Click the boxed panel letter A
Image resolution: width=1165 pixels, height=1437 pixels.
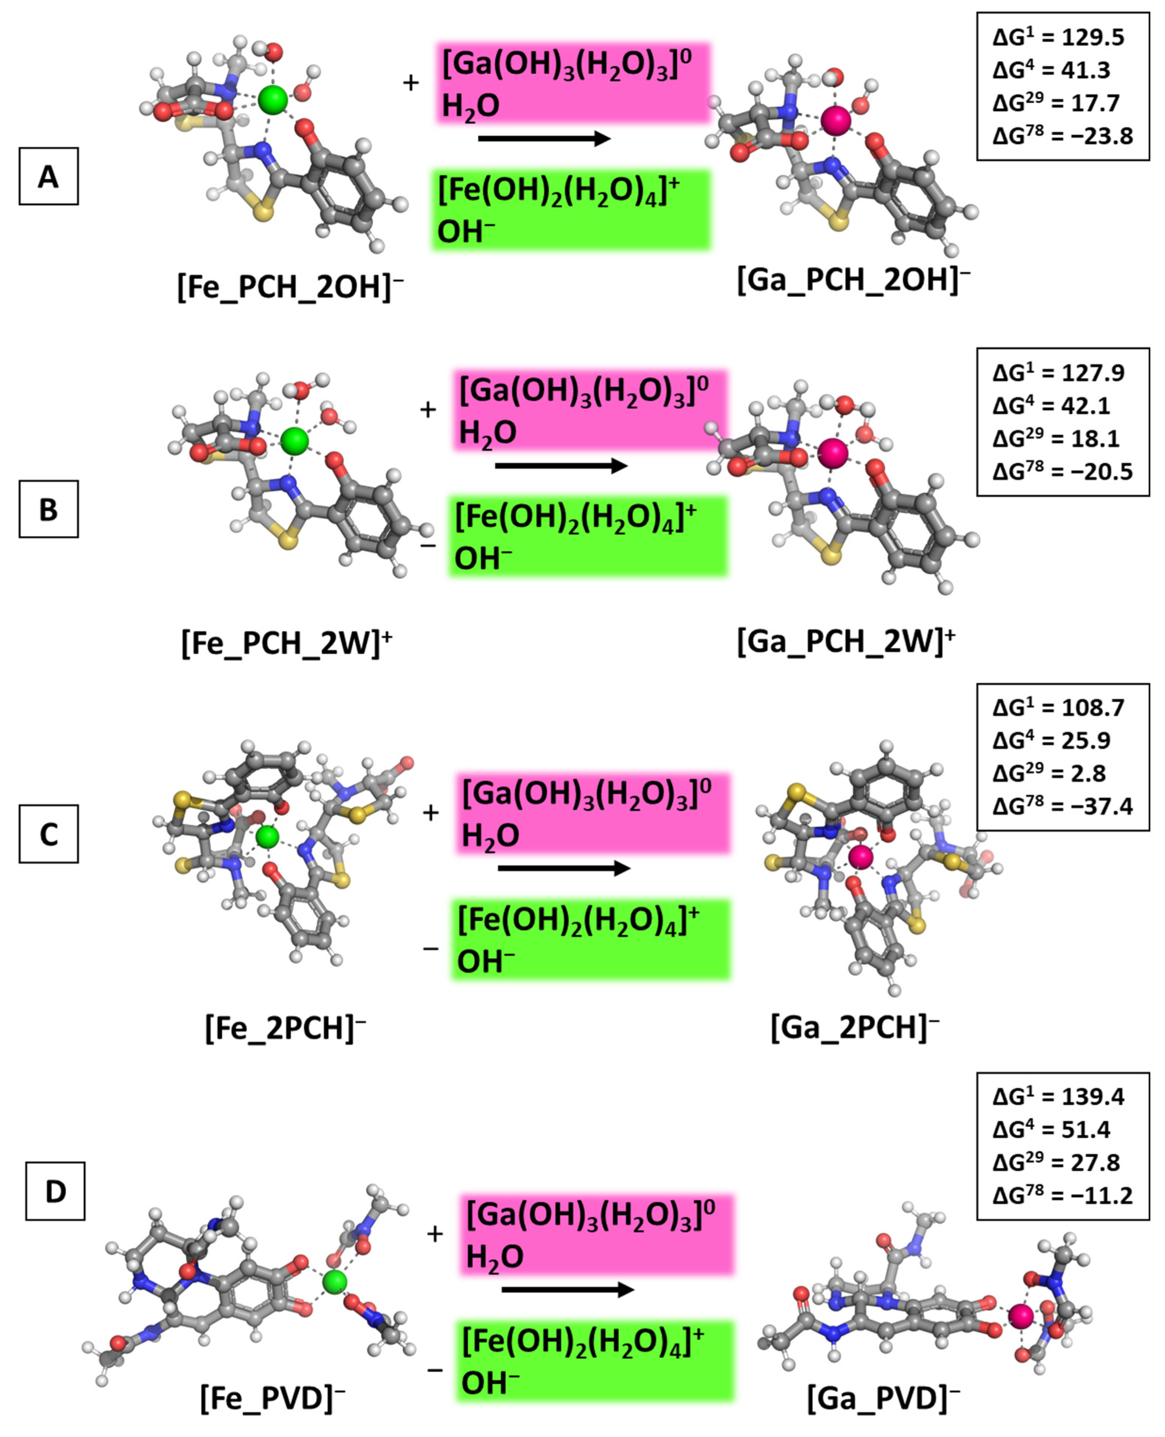click(48, 176)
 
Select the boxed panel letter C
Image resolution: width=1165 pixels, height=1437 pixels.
click(48, 834)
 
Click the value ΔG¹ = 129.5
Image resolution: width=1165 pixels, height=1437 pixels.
click(1058, 38)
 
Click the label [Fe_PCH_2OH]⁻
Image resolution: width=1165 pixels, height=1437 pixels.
click(290, 287)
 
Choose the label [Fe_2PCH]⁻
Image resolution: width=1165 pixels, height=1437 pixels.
click(285, 1028)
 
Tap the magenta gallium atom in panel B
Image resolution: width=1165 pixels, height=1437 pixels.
click(834, 453)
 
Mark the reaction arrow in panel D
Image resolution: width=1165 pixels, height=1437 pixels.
click(567, 1289)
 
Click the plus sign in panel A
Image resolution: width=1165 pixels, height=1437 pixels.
click(411, 83)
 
